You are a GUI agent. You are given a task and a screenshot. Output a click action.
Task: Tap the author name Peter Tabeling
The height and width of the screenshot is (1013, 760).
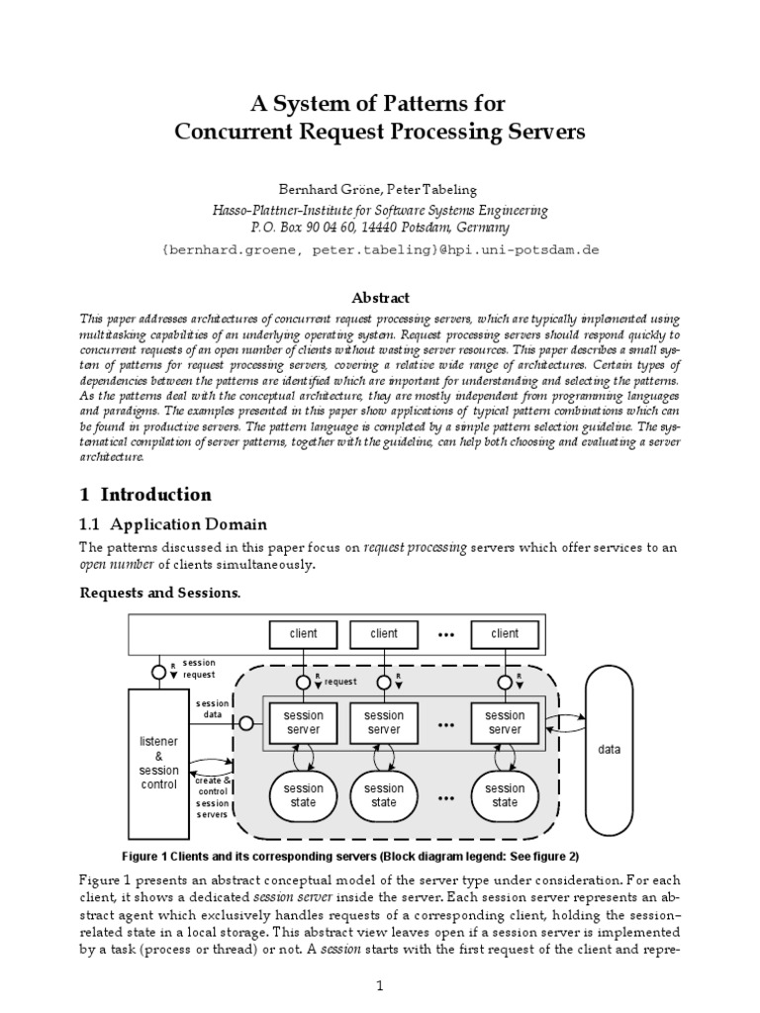click(432, 188)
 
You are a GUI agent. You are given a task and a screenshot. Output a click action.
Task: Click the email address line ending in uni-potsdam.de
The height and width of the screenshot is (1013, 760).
click(380, 250)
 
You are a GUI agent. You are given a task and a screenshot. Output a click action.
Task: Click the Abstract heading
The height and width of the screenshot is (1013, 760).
click(380, 298)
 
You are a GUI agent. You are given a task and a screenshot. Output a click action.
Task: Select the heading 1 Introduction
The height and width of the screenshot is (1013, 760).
click(144, 494)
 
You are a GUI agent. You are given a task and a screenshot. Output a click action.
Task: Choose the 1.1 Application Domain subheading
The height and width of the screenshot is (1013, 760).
click(173, 523)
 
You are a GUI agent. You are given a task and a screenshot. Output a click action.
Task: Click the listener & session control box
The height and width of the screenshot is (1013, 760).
click(158, 757)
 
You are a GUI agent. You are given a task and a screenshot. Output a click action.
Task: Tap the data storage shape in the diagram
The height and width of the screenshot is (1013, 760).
click(610, 749)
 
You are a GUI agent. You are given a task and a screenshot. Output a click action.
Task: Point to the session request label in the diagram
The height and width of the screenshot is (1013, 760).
click(199, 669)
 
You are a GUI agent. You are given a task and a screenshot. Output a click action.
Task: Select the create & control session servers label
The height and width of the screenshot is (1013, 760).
click(212, 796)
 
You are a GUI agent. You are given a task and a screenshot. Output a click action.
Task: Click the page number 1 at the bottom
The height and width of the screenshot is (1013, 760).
click(380, 985)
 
